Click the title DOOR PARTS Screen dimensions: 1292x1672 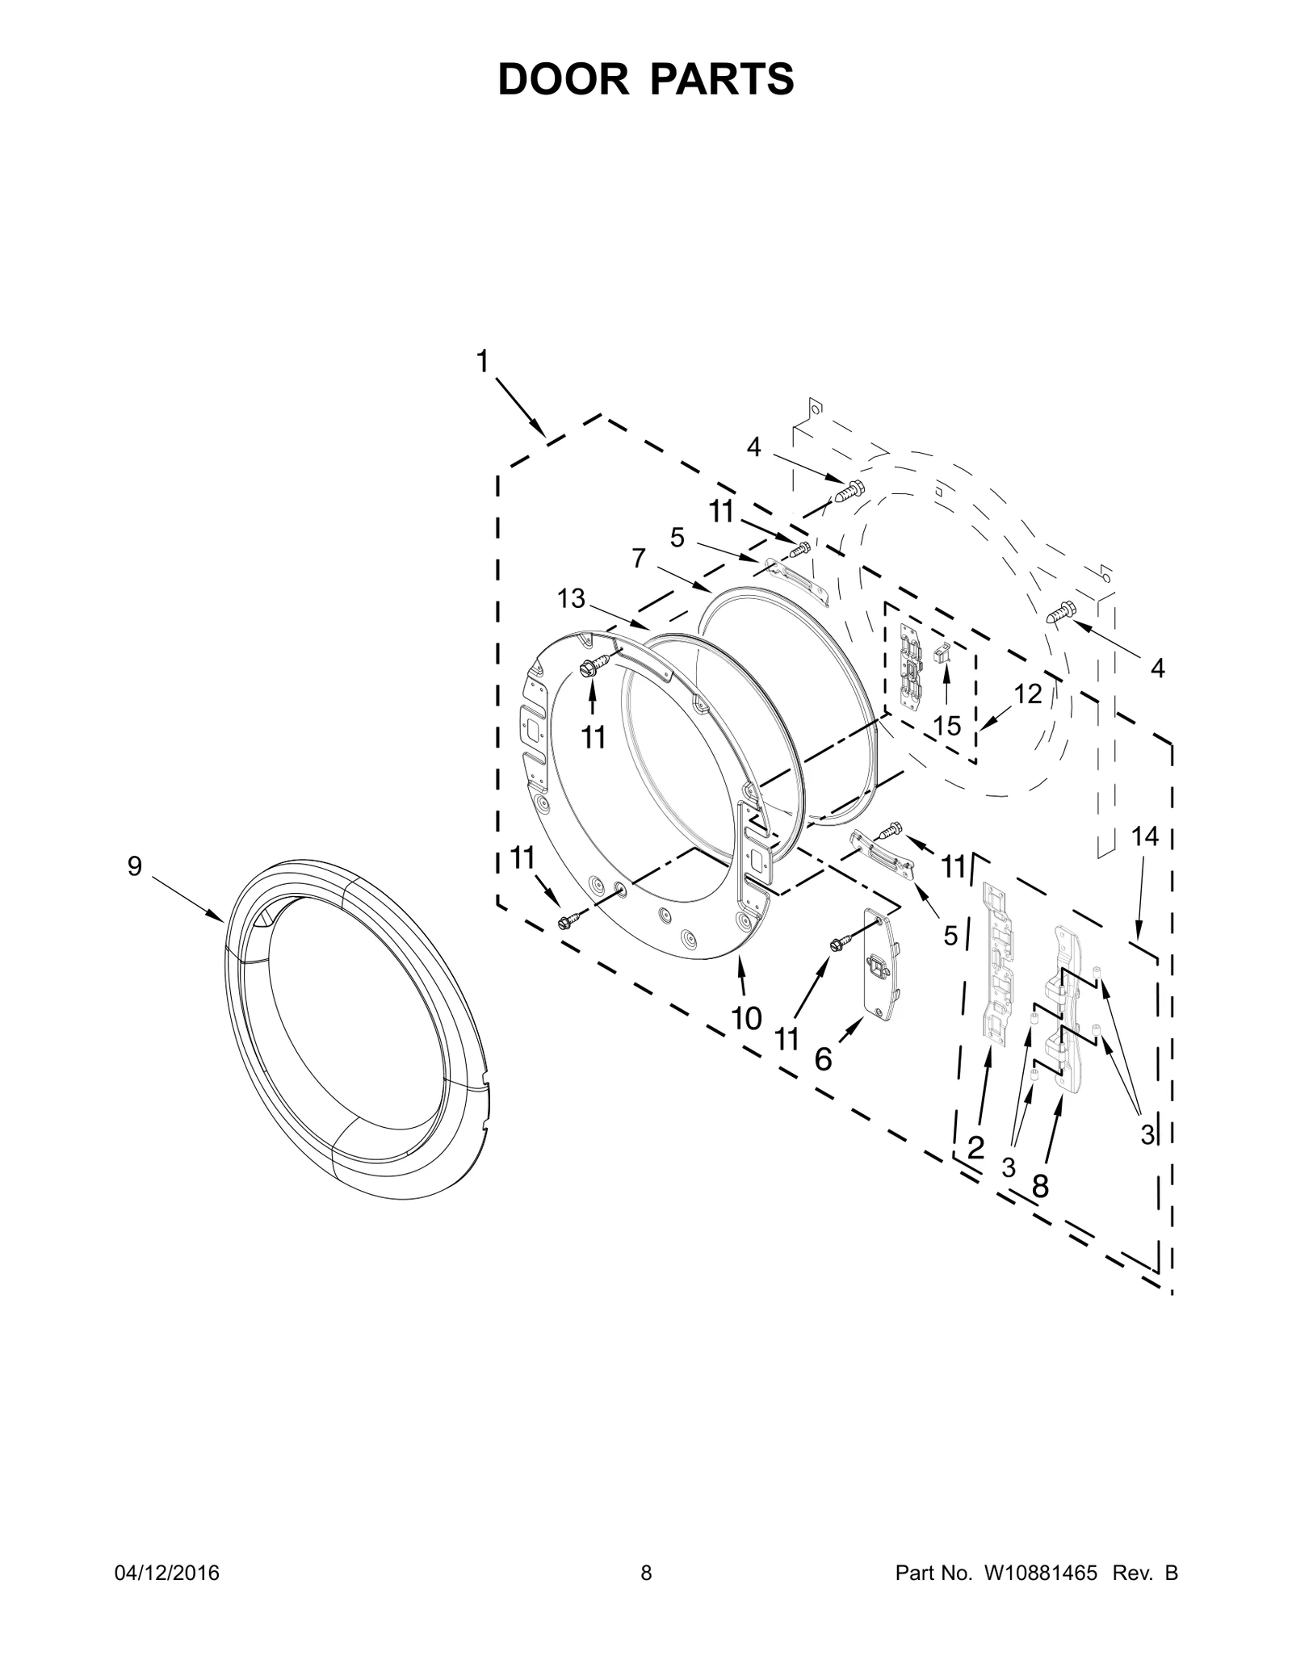pyautogui.click(x=646, y=79)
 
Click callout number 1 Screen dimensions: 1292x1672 pyautogui.click(x=482, y=362)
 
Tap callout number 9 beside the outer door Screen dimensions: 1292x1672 pyautogui.click(x=135, y=866)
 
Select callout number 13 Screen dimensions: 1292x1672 pyautogui.click(x=571, y=598)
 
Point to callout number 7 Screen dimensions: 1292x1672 pyautogui.click(x=640, y=558)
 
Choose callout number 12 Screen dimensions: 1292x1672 pyautogui.click(x=1028, y=694)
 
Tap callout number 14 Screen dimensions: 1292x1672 pyautogui.click(x=1145, y=837)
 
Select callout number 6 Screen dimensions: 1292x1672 pyautogui.click(x=823, y=1058)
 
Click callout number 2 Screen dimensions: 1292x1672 pyautogui.click(x=975, y=1147)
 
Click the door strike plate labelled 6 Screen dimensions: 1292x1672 pyautogui.click(x=882, y=961)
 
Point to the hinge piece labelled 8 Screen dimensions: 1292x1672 pyautogui.click(x=1065, y=1009)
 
